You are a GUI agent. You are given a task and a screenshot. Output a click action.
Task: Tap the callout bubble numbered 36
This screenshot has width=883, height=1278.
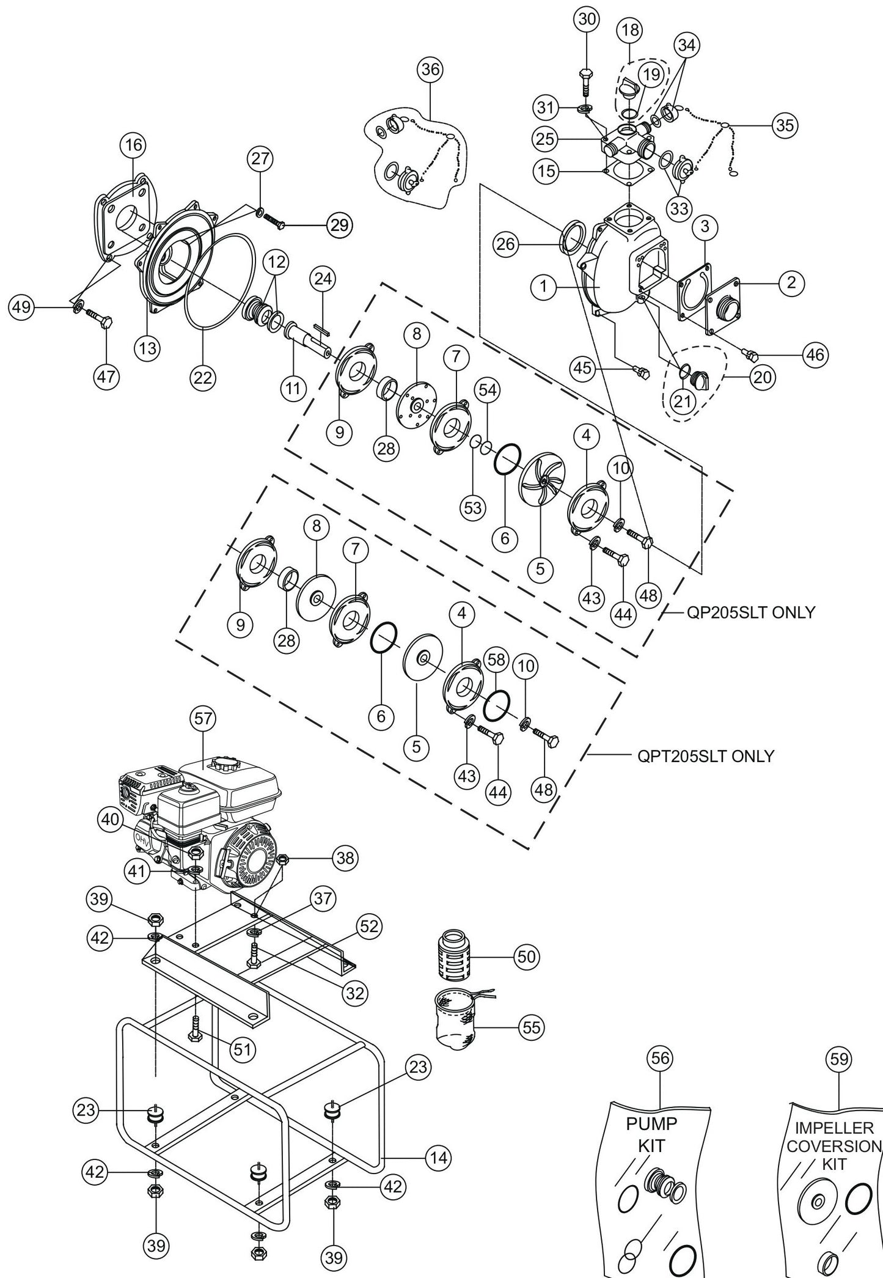tap(430, 70)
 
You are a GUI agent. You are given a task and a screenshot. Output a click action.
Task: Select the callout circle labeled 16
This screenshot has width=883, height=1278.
tap(134, 145)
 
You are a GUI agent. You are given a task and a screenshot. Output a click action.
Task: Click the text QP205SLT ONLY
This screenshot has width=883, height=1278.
tap(751, 612)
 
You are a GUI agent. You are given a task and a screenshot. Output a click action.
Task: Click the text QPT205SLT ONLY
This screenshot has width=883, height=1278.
tap(705, 757)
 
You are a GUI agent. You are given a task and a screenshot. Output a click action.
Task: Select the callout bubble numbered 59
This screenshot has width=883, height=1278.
tap(839, 1058)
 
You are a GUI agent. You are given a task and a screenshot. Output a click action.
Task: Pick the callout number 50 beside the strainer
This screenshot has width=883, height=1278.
tap(526, 957)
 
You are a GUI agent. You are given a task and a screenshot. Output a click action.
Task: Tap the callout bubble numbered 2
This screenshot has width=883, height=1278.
tap(791, 282)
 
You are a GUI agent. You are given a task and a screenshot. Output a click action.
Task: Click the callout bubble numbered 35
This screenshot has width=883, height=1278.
tap(785, 125)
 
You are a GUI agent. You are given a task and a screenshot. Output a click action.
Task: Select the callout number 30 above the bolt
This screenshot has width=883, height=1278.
tap(587, 19)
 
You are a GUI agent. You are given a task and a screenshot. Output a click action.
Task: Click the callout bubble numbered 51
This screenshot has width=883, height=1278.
tap(243, 1049)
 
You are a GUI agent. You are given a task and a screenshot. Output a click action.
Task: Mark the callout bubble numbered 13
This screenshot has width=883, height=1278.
tap(148, 348)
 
